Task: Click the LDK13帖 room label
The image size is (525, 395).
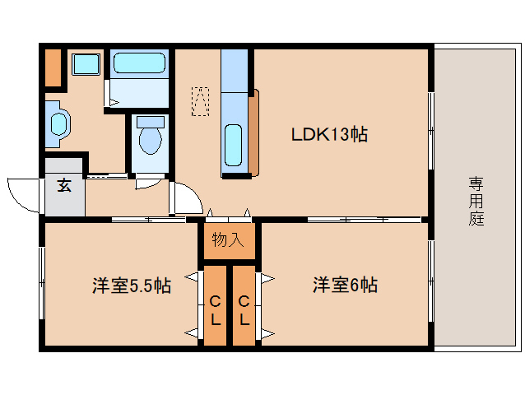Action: tap(329, 135)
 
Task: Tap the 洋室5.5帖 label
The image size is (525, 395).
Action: tap(132, 286)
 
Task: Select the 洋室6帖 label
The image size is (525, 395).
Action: tap(346, 285)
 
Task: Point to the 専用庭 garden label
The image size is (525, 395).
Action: tap(476, 201)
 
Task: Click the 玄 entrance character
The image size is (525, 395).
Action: tap(64, 185)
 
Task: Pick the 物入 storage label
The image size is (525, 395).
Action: tap(228, 239)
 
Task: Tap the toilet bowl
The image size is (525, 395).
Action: tap(151, 135)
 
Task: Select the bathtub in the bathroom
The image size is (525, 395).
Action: tap(139, 63)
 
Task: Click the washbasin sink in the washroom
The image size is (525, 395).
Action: tap(59, 124)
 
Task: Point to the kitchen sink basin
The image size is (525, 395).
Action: tap(233, 146)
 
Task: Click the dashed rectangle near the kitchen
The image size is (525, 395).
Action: tap(200, 101)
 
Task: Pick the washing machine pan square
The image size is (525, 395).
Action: tap(86, 64)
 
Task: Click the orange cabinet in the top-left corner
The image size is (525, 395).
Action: tap(53, 67)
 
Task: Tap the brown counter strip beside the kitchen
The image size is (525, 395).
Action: tap(253, 132)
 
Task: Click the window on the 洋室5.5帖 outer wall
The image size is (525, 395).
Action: tap(42, 283)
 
